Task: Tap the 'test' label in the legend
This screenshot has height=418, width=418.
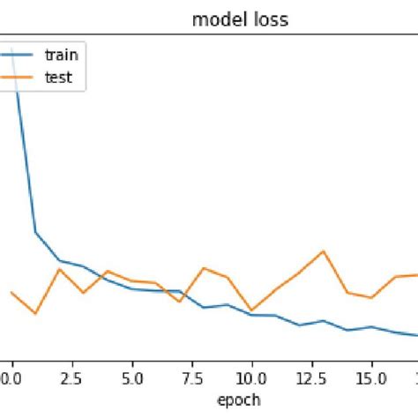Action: [58, 77]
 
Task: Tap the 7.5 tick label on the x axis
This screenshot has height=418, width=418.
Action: [191, 377]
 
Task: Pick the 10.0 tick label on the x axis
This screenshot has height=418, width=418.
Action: [251, 377]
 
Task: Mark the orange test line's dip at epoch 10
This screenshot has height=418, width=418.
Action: [251, 310]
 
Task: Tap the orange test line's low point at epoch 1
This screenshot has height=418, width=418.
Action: [35, 313]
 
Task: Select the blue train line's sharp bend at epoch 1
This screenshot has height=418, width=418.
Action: [35, 233]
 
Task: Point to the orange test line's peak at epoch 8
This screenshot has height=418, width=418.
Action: [204, 267]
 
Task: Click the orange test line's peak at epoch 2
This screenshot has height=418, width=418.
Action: [59, 269]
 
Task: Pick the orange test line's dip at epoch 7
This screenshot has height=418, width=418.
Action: [180, 302]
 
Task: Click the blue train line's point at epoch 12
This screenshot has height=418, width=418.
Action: [300, 325]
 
